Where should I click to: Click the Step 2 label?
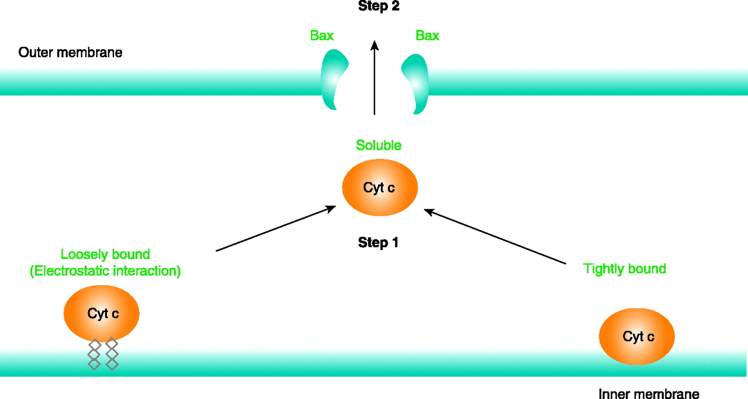pyautogui.click(x=378, y=7)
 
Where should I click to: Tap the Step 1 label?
pyautogui.click(x=378, y=242)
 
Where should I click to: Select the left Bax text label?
pyautogui.click(x=322, y=36)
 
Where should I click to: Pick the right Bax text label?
pyautogui.click(x=427, y=36)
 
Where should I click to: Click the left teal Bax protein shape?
pyautogui.click(x=334, y=79)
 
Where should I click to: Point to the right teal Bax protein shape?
pyautogui.click(x=415, y=82)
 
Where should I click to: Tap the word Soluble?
pyautogui.click(x=379, y=145)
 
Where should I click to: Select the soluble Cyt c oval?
pyautogui.click(x=379, y=188)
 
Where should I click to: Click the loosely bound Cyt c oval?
pyautogui.click(x=102, y=313)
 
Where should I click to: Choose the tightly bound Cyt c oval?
pyautogui.click(x=637, y=336)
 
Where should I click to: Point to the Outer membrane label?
pyautogui.click(x=70, y=53)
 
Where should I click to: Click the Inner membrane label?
pyautogui.click(x=649, y=394)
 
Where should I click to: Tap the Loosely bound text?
pyautogui.click(x=105, y=255)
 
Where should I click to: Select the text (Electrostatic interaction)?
pyautogui.click(x=105, y=271)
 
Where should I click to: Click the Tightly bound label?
pyautogui.click(x=625, y=269)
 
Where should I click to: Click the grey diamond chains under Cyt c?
pyautogui.click(x=103, y=354)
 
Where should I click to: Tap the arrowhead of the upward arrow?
pyautogui.click(x=375, y=44)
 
